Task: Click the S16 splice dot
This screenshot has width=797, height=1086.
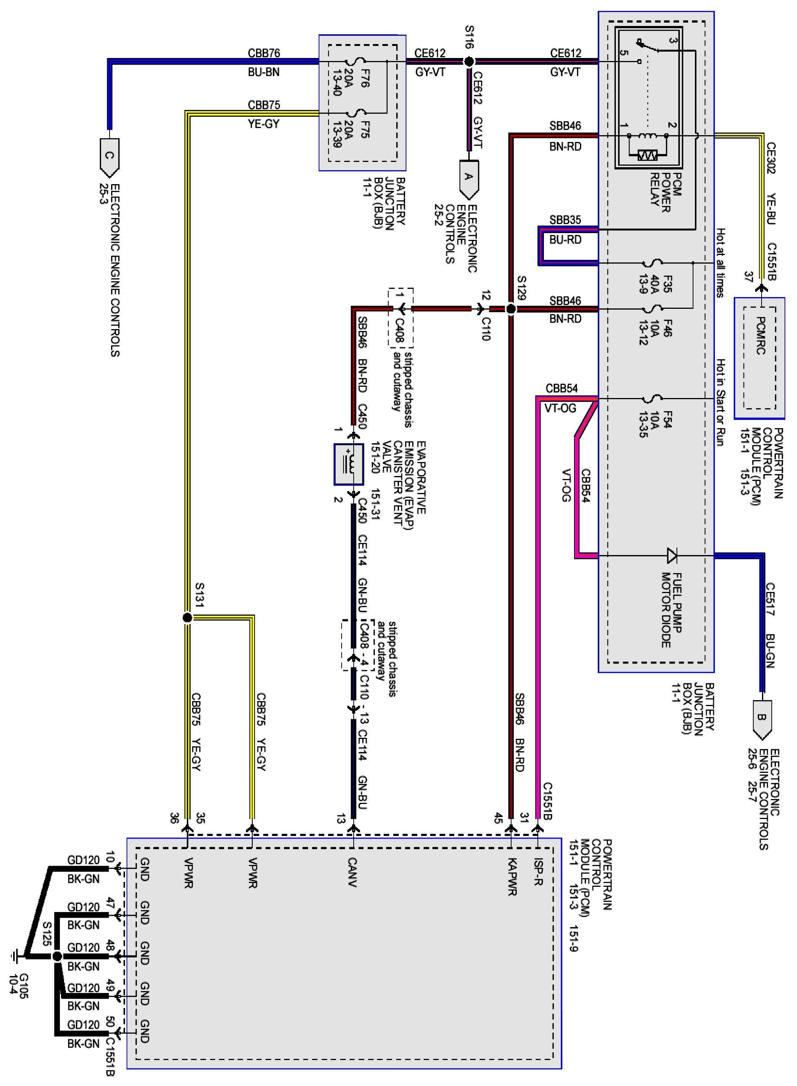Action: point(469,62)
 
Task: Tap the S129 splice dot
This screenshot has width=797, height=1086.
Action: point(510,309)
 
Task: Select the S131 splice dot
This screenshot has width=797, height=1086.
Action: point(188,618)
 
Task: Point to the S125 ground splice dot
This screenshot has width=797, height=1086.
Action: point(57,956)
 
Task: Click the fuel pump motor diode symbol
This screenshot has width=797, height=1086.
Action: point(671,555)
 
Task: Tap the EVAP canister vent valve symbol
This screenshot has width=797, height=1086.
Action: point(349,464)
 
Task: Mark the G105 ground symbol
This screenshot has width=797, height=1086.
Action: point(16,955)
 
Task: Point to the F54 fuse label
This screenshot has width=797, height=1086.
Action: point(668,419)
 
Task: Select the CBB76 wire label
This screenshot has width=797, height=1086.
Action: point(264,53)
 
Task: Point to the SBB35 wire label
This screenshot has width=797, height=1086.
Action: point(565,220)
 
